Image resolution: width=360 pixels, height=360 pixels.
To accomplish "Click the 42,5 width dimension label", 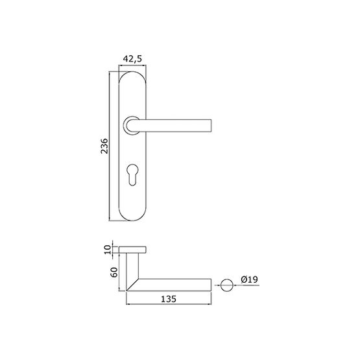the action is [132, 59].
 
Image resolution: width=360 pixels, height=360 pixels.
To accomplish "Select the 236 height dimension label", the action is [104, 146].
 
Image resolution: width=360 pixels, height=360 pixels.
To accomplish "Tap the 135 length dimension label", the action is [169, 299].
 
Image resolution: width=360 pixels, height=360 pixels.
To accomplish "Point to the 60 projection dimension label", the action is [114, 272].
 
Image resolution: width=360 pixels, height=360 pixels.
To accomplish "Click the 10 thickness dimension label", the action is [108, 250].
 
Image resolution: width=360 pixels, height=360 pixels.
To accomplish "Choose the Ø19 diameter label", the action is [250, 279].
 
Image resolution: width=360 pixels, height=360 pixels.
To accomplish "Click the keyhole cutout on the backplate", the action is [132, 174].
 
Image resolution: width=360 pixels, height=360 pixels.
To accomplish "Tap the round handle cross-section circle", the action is [227, 285].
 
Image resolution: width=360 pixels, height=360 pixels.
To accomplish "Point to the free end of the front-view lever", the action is [211, 126].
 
